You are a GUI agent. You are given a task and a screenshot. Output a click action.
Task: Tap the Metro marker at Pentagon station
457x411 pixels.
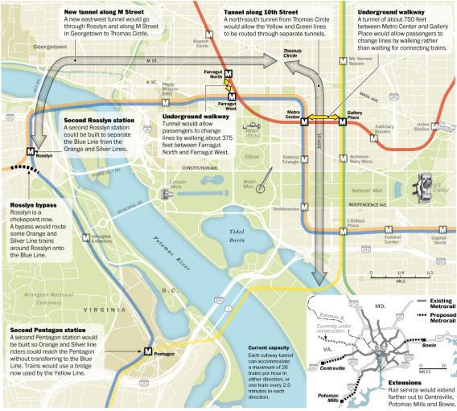tap(149, 350)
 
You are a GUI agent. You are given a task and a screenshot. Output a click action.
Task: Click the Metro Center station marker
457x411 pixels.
tap(304, 123)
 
